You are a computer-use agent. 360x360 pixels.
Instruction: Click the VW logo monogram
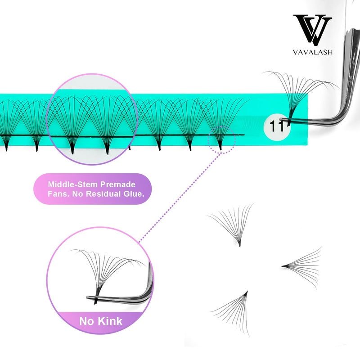312,29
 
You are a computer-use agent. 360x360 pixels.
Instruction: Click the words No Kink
100,321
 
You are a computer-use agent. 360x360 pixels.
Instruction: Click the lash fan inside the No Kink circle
106,270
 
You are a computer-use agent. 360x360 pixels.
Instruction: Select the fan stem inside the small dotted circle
220,145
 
